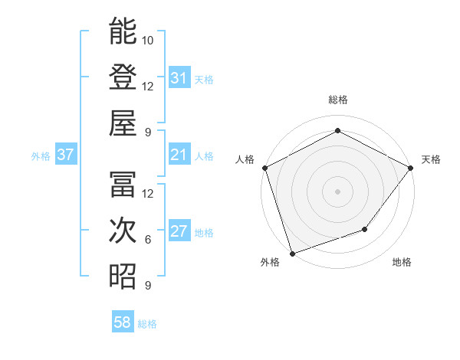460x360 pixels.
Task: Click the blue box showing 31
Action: pyautogui.click(x=179, y=78)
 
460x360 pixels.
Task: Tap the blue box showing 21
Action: pyautogui.click(x=179, y=155)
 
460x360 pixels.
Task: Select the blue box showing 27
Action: pyautogui.click(x=179, y=232)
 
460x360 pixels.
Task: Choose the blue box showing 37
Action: pyautogui.click(x=66, y=155)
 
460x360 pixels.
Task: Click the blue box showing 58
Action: pyautogui.click(x=123, y=323)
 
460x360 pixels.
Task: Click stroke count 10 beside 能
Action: pyautogui.click(x=148, y=40)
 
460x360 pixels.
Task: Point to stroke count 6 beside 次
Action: pyautogui.click(x=148, y=240)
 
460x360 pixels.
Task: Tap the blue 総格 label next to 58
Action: pyautogui.click(x=147, y=324)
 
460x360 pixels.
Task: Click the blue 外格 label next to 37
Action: pyautogui.click(x=41, y=156)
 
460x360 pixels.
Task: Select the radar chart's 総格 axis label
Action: pyautogui.click(x=337, y=100)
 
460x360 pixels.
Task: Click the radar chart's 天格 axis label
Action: pyautogui.click(x=431, y=159)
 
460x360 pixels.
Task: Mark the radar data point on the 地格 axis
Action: pyautogui.click(x=365, y=229)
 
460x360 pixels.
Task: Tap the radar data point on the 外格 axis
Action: pyautogui.click(x=292, y=253)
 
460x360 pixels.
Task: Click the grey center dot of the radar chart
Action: pyautogui.click(x=337, y=191)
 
